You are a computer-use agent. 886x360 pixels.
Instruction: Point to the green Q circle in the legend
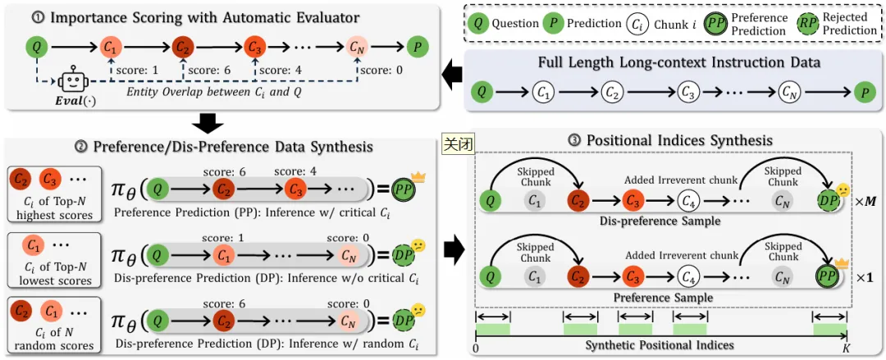pyautogui.click(x=478, y=24)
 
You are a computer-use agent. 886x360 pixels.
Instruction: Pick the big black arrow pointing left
pyautogui.click(x=451, y=75)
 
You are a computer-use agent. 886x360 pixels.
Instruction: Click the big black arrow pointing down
pyautogui.click(x=211, y=122)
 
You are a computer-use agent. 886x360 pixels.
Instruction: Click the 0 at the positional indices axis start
pyautogui.click(x=477, y=349)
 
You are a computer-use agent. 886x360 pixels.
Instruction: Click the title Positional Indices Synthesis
pyautogui.click(x=669, y=140)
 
